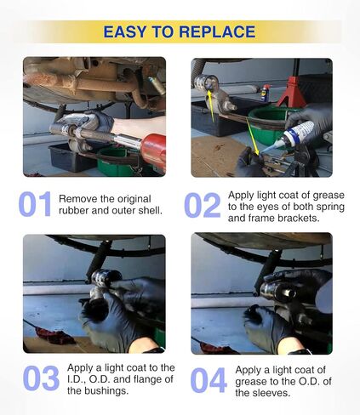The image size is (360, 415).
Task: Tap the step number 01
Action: (35, 204)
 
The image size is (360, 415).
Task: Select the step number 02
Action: (202, 205)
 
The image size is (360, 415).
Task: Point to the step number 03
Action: (41, 378)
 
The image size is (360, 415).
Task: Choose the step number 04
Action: (209, 380)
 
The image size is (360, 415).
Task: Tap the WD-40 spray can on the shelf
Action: (266, 93)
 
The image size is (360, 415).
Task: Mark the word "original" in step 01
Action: (134, 199)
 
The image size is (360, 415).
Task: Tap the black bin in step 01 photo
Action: (71, 158)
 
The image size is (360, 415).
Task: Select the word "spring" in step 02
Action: (329, 207)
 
